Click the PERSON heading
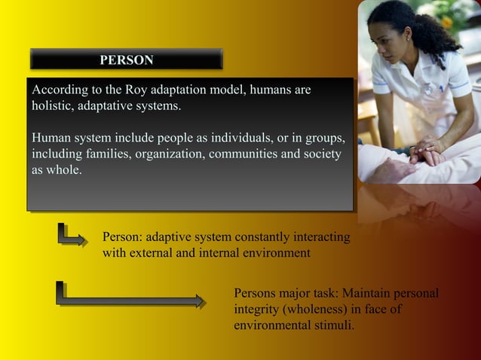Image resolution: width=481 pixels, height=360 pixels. tap(127, 59)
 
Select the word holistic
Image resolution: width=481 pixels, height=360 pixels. tap(53, 106)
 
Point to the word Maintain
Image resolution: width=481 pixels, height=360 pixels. tap(362, 293)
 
